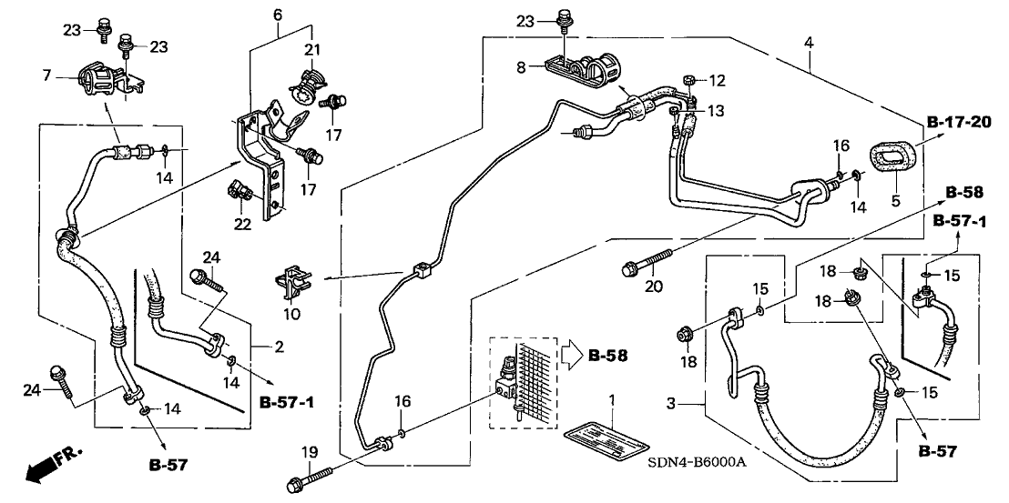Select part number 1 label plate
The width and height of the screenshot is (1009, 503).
point(606,447)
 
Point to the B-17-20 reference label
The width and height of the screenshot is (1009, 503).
point(960,124)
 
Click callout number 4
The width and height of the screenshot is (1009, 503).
point(809,43)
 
